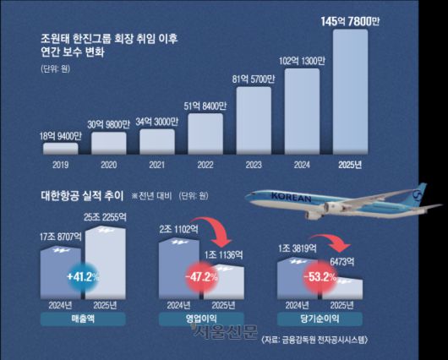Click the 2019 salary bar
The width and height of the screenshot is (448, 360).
click(60, 149)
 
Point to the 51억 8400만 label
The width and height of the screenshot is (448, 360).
click(205, 106)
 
